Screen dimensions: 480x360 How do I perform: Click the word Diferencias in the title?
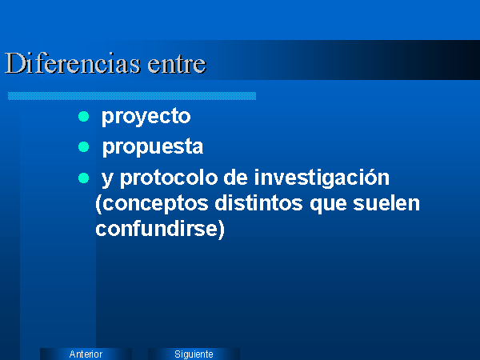[x=73, y=63]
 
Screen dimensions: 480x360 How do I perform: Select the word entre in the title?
[x=177, y=64]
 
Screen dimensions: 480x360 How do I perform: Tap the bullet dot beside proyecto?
[x=83, y=116]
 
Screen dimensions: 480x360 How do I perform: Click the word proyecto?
[x=146, y=117]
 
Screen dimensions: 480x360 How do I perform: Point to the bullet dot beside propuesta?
[x=83, y=147]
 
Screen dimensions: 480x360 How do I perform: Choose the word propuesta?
[x=153, y=147]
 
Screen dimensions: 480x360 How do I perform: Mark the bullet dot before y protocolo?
[x=83, y=178]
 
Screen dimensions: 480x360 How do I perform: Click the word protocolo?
[x=169, y=178]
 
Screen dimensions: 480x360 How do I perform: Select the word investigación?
[x=322, y=178]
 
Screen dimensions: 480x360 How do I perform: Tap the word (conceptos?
[x=152, y=204]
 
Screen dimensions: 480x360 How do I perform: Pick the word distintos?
[x=258, y=203]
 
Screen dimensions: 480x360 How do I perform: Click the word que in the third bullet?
[x=328, y=204]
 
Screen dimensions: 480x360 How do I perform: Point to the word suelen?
[x=386, y=203]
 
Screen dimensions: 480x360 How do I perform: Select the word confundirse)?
[x=160, y=229]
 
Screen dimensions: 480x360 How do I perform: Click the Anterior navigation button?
[x=86, y=354]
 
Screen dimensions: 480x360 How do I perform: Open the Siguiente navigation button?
[x=194, y=354]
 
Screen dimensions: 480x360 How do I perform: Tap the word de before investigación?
[x=235, y=178]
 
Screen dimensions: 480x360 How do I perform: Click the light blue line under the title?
[x=132, y=96]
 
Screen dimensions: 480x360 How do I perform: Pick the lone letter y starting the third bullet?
[x=107, y=179]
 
